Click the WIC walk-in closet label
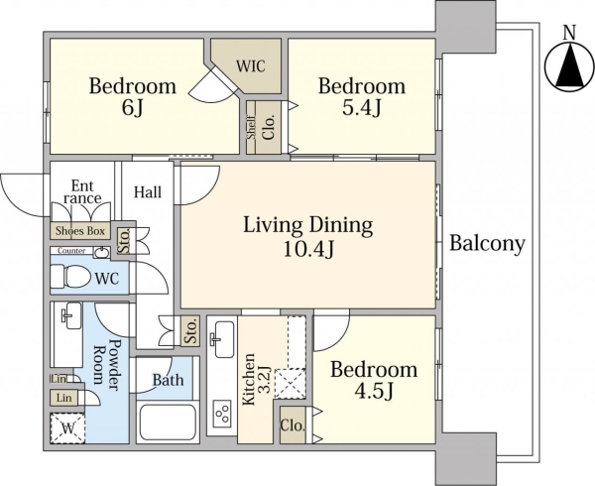(x=251, y=66)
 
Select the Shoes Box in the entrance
(x=80, y=231)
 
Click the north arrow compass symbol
(x=569, y=66)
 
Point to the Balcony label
(x=488, y=243)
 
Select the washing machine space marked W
(x=67, y=428)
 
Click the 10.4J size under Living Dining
(x=308, y=249)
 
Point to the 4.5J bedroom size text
(x=374, y=392)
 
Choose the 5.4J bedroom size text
(x=362, y=108)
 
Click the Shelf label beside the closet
(x=251, y=128)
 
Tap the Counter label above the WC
(x=71, y=251)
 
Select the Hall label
(x=148, y=192)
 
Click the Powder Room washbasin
(x=71, y=315)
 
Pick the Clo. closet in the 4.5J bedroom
(x=293, y=425)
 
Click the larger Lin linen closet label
(x=64, y=398)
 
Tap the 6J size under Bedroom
(x=132, y=108)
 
